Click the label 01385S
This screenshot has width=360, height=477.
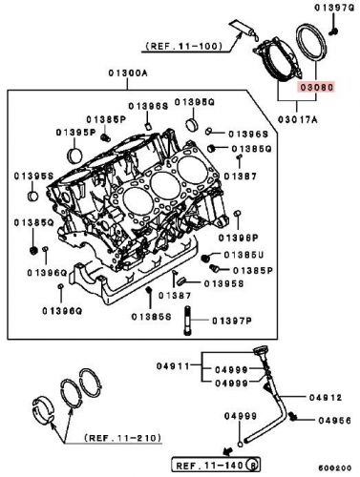point(151,316)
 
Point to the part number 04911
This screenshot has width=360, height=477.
point(179,363)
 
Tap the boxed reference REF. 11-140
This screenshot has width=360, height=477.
point(209,465)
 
